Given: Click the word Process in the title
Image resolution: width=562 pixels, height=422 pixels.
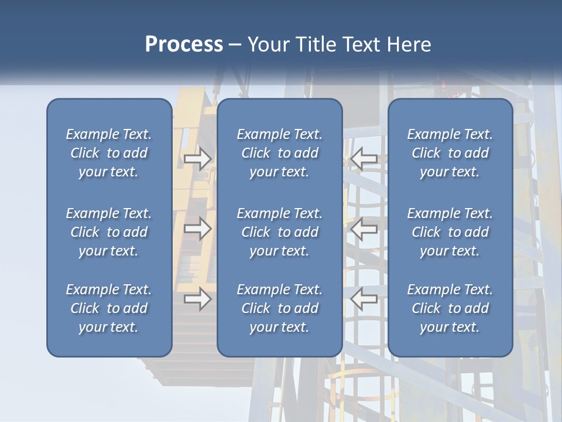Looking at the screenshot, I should point(184,45).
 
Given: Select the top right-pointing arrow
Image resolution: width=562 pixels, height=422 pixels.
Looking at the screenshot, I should point(197,159).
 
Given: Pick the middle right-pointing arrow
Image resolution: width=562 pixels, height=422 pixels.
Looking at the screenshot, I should point(197,229).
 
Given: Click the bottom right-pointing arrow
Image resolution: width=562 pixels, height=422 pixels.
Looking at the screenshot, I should point(197,299).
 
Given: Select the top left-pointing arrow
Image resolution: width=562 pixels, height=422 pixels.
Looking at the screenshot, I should point(364,159).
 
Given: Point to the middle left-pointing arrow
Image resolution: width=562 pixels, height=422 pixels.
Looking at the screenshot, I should point(364,229).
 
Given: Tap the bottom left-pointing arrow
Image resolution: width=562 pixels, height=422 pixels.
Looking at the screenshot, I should point(364,299).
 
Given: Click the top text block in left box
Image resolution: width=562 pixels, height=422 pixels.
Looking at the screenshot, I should point(109,153).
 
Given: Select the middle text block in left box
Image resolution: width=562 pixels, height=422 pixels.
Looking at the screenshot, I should point(109,232).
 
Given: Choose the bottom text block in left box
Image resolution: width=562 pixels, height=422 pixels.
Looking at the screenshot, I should point(109,308).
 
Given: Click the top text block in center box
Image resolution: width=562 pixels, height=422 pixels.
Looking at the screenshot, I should point(279,153).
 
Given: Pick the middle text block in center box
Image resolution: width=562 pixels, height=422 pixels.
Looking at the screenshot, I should point(279,232).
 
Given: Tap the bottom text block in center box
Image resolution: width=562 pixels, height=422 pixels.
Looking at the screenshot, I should point(279,308).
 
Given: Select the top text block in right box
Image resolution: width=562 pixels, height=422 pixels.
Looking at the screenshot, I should point(450,153).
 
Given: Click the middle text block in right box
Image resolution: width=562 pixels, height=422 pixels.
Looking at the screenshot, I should point(450,232).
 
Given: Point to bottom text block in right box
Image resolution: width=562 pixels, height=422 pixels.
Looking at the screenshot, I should point(450,308).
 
